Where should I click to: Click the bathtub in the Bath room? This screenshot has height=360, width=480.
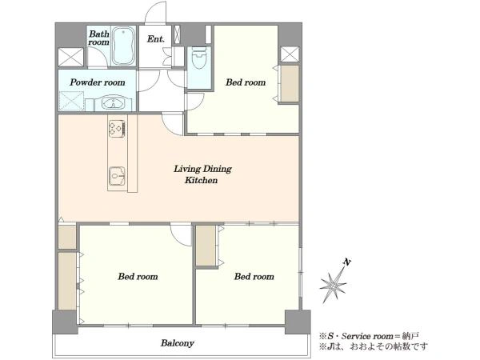click(x=123, y=46)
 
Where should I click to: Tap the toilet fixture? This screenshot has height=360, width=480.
click(x=199, y=58)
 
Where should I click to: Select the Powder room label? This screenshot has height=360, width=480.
click(x=98, y=82)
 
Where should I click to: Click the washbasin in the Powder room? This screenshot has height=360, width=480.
click(x=114, y=103)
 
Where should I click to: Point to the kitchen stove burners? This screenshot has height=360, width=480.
click(x=117, y=129)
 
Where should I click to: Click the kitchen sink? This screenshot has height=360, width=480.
click(x=116, y=176)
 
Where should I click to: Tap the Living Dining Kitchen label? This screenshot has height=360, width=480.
click(x=202, y=174)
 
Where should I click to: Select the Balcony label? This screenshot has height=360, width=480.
click(x=178, y=343)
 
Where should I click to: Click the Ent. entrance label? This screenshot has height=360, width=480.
click(x=155, y=39)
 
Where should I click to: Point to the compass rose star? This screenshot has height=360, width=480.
click(x=333, y=285)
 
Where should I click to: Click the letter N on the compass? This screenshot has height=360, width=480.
click(x=347, y=262)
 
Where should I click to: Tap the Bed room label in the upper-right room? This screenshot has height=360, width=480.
click(x=246, y=82)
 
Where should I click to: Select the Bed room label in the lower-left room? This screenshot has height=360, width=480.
click(x=138, y=277)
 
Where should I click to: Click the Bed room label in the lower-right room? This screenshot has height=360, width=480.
click(x=254, y=277)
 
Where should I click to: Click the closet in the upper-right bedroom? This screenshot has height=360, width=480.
click(x=290, y=83)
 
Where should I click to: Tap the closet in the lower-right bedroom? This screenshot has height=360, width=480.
click(x=206, y=246)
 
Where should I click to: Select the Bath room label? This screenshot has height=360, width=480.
click(x=98, y=38)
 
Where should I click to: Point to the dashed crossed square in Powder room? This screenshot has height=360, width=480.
click(x=71, y=101)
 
